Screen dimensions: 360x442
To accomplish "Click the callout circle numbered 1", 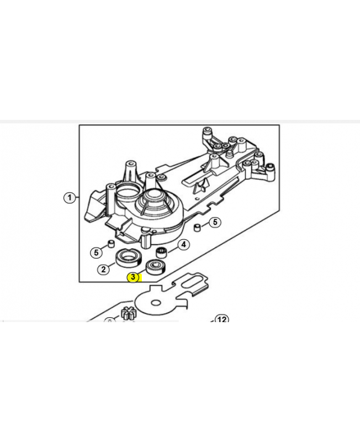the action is pyautogui.click(x=70, y=198).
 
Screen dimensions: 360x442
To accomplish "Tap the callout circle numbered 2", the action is pyautogui.click(x=103, y=269).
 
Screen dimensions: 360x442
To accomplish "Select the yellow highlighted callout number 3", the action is pyautogui.click(x=133, y=277).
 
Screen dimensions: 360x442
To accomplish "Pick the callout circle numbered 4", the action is pyautogui.click(x=184, y=244).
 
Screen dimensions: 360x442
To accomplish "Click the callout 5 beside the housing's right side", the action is pyautogui.click(x=215, y=222).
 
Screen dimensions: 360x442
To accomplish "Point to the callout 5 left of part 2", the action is pyautogui.click(x=96, y=252).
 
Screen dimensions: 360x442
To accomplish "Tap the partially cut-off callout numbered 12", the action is pyautogui.click(x=222, y=319).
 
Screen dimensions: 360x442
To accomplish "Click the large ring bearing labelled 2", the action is pyautogui.click(x=129, y=258).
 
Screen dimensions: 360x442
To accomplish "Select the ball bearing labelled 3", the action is pyautogui.click(x=155, y=266).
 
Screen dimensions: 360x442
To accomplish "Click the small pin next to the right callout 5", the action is pyautogui.click(x=197, y=228).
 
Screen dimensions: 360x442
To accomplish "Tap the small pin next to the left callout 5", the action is pyautogui.click(x=111, y=244).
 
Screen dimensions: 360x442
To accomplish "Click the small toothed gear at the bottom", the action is pyautogui.click(x=129, y=314).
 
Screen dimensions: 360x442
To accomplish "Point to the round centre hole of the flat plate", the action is pyautogui.click(x=155, y=303).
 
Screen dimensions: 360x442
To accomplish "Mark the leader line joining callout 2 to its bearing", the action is pyautogui.click(x=112, y=265).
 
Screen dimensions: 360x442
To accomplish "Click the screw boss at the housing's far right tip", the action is pyautogui.click(x=271, y=169).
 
